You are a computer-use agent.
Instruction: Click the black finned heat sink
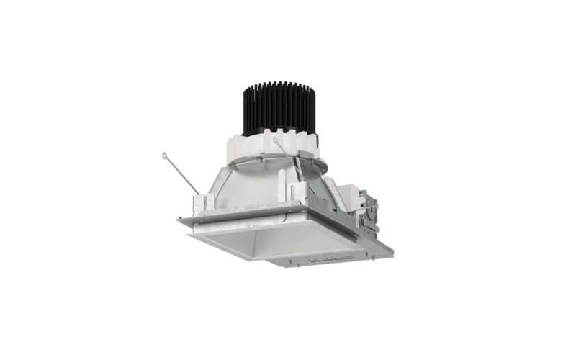click(279, 109)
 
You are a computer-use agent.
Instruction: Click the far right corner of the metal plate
click(392, 251)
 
